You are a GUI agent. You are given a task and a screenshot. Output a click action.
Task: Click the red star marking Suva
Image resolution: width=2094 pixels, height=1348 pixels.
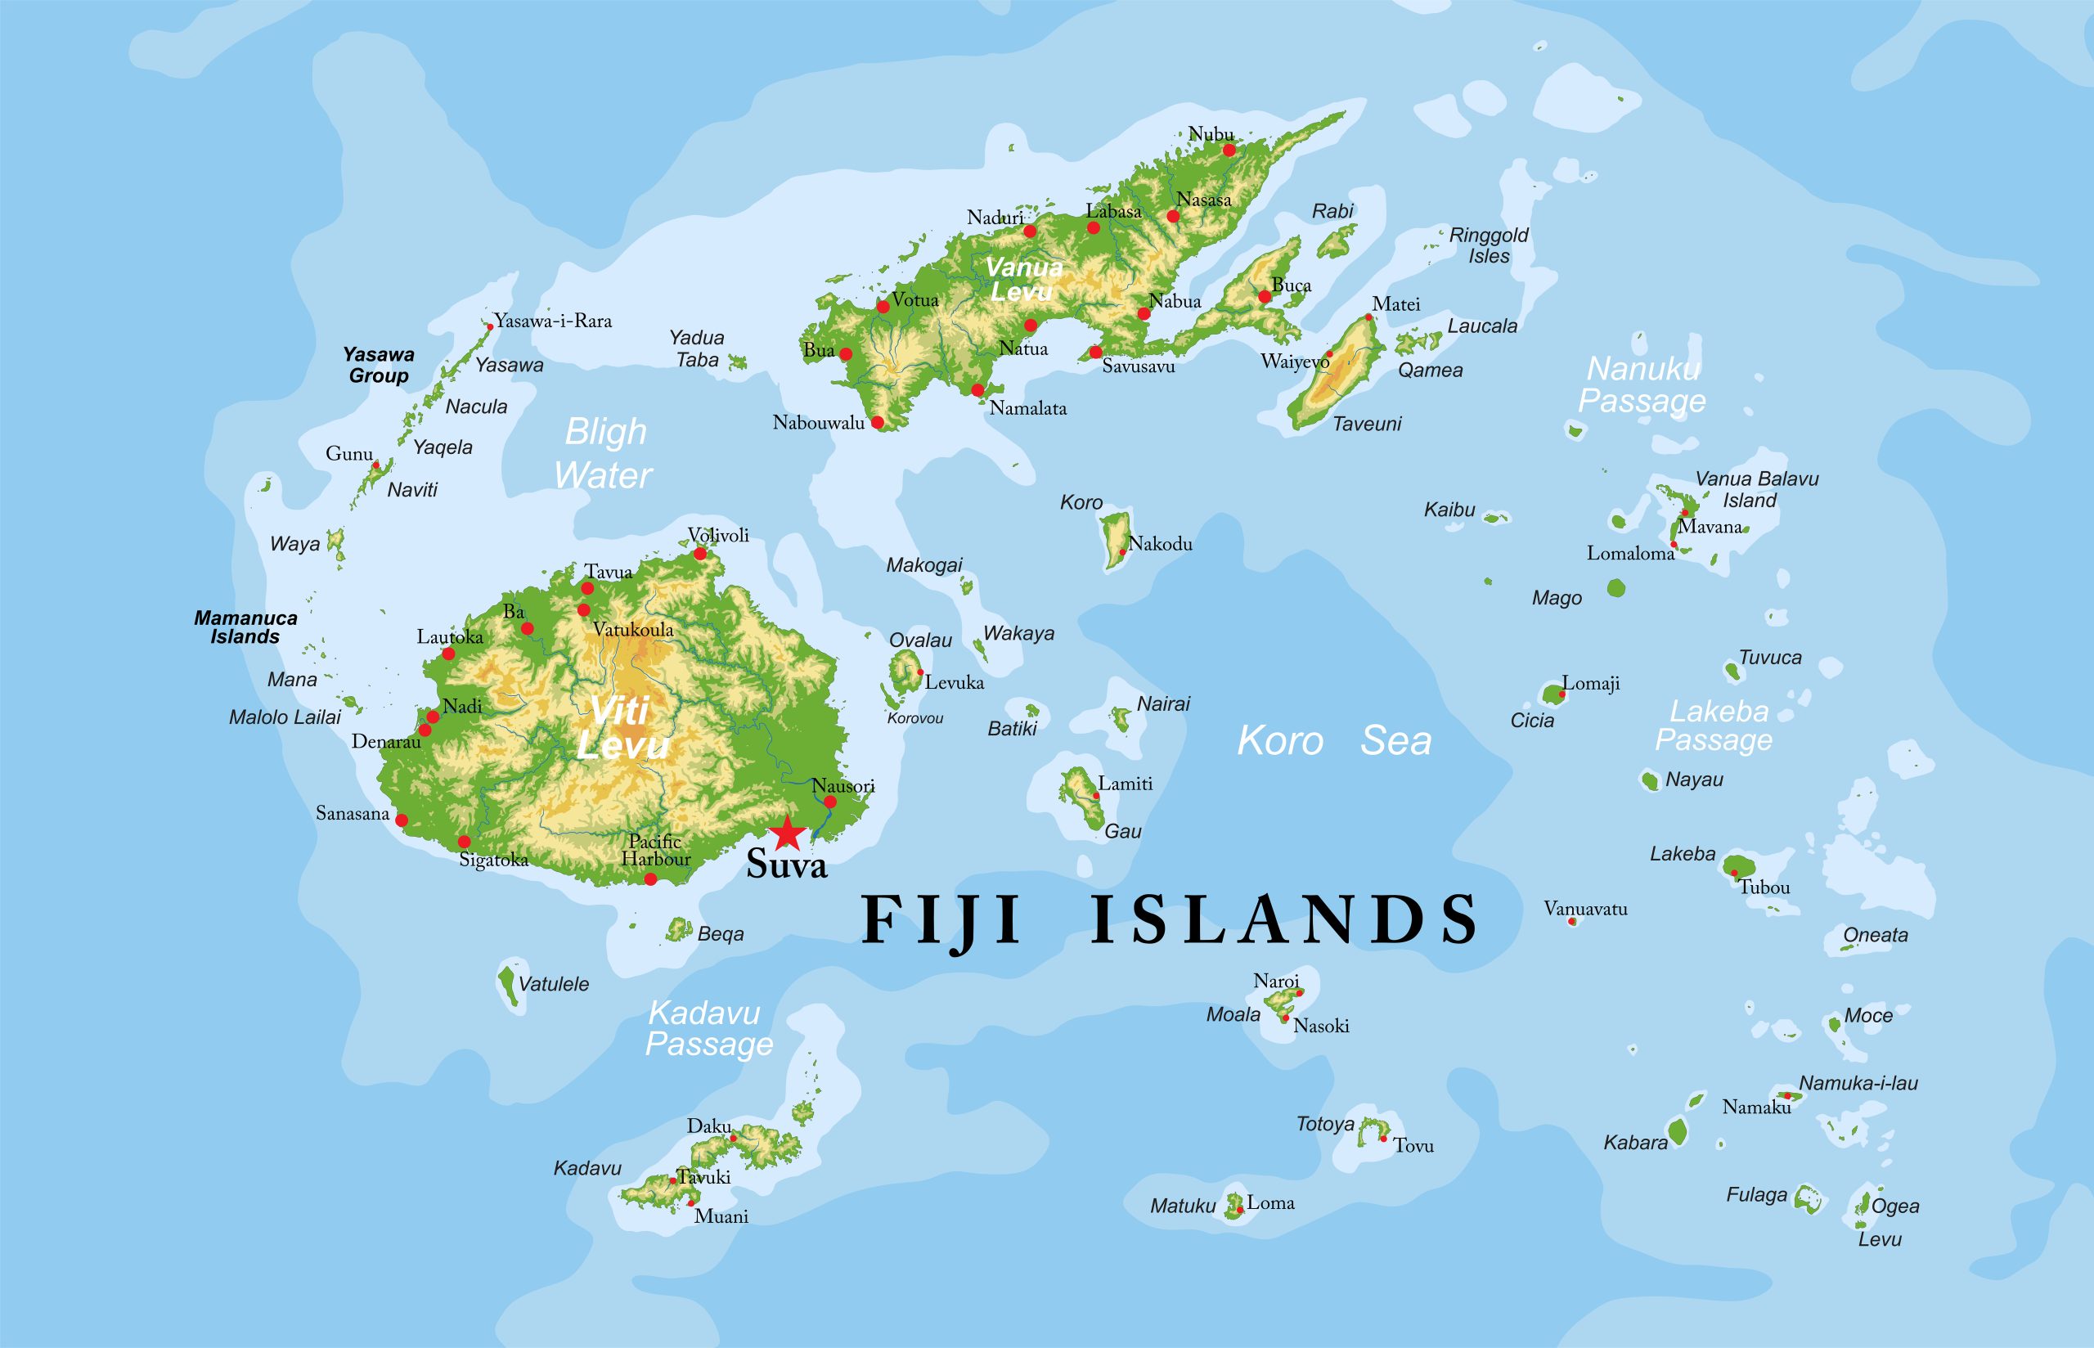click(x=787, y=833)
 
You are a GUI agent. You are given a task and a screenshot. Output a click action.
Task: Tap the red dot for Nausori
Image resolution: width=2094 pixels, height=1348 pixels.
click(x=829, y=801)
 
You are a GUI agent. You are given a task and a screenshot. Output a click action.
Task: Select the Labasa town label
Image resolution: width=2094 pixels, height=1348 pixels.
click(x=1113, y=211)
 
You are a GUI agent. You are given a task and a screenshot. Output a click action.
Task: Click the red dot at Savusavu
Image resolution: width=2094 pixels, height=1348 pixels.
click(x=1094, y=352)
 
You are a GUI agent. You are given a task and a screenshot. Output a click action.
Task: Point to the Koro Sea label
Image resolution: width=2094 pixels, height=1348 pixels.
click(x=1333, y=740)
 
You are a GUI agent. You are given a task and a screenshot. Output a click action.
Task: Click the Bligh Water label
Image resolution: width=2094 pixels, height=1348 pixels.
click(x=604, y=453)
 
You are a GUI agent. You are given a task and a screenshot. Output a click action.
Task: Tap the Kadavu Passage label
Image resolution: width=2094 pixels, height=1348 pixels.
click(x=709, y=1028)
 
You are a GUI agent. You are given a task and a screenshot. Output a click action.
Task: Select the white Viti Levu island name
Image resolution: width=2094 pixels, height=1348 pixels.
click(x=622, y=727)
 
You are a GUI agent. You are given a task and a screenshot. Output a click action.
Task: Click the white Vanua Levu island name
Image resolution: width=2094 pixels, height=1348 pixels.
click(x=1023, y=279)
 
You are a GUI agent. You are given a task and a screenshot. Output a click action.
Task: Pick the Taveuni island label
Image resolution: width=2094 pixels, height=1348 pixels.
click(x=1366, y=424)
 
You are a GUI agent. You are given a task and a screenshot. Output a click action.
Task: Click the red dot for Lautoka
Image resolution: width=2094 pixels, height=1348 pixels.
click(x=448, y=653)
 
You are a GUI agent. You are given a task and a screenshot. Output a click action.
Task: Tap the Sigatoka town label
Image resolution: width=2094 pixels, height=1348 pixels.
click(x=493, y=860)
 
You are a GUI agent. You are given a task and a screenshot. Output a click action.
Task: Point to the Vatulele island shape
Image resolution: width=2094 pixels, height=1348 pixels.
click(x=507, y=984)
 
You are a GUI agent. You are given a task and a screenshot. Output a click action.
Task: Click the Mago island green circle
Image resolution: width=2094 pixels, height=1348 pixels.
click(x=1615, y=588)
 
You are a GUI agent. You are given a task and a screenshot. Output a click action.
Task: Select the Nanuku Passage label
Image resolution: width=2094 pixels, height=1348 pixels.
click(x=1642, y=384)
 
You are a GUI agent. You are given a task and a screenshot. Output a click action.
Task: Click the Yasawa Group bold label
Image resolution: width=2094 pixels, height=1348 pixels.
click(x=378, y=365)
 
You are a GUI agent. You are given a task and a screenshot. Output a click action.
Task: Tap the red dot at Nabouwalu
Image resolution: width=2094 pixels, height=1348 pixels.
click(x=877, y=422)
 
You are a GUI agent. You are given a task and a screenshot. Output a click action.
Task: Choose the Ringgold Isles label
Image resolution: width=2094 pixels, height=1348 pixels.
click(x=1489, y=245)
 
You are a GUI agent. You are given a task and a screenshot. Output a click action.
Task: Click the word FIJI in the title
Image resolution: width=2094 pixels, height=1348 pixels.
click(x=941, y=920)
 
